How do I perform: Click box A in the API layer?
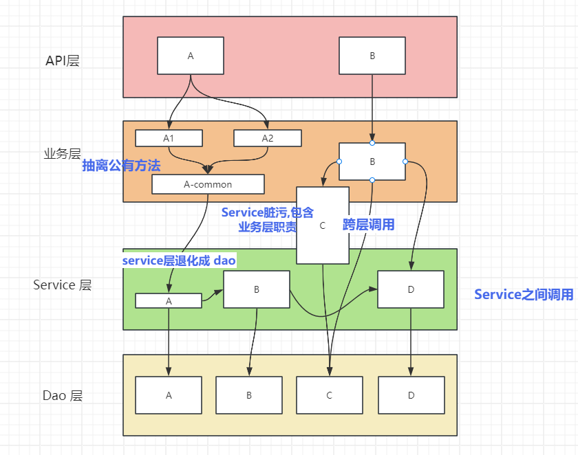[x=191, y=56]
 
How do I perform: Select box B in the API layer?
[x=372, y=56]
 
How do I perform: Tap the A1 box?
[x=169, y=138]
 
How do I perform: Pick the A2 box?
[x=268, y=138]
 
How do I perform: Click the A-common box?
[x=208, y=184]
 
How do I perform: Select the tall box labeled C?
[x=323, y=225]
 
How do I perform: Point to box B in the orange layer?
[x=372, y=162]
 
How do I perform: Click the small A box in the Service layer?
[x=169, y=300]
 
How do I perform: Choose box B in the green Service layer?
[x=257, y=289]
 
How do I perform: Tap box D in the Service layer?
[x=411, y=289]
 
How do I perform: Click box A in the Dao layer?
[x=169, y=395]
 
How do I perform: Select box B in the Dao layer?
[x=249, y=395]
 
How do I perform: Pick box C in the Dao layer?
[x=329, y=395]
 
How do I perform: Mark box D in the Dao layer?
[x=411, y=395]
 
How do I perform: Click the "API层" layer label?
[x=63, y=60]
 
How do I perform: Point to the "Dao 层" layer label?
[x=63, y=395]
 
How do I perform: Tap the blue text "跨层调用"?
[x=369, y=225]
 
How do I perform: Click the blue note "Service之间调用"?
[x=524, y=294]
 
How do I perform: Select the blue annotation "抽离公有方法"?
[x=121, y=166]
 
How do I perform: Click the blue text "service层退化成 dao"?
[x=179, y=261]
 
